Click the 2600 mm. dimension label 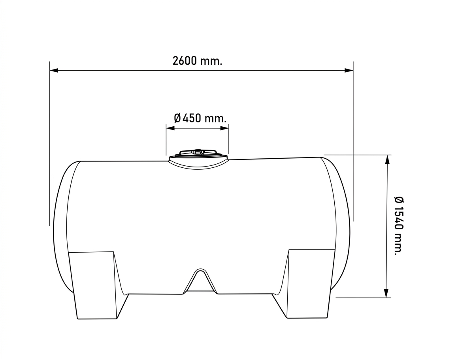tap(198, 61)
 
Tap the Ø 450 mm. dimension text tap(200, 118)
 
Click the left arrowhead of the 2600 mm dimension tap(54, 70)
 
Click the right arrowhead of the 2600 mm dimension tap(349, 70)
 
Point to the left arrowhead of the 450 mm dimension tap(170, 128)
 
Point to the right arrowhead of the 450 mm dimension tap(224, 128)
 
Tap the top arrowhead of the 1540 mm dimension tap(387, 159)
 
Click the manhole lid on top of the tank tap(198, 160)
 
